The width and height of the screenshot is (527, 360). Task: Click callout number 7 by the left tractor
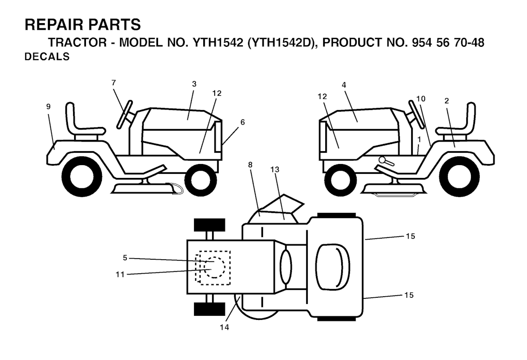pyautogui.click(x=114, y=82)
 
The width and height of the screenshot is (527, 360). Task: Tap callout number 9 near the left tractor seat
pyautogui.click(x=48, y=106)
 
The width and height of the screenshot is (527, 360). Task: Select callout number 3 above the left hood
pyautogui.click(x=194, y=84)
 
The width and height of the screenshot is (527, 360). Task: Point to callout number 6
pyautogui.click(x=242, y=122)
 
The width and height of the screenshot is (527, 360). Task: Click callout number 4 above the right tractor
pyautogui.click(x=344, y=85)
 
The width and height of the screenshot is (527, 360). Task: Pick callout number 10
pyautogui.click(x=421, y=99)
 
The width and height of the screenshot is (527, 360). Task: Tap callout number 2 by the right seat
pyautogui.click(x=447, y=101)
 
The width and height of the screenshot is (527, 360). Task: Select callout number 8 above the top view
pyautogui.click(x=250, y=165)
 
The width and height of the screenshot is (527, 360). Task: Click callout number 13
pyautogui.click(x=275, y=170)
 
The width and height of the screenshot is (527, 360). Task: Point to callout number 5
pyautogui.click(x=125, y=258)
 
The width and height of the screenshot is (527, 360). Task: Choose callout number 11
pyautogui.click(x=120, y=274)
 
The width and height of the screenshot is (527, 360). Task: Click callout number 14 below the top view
pyautogui.click(x=224, y=327)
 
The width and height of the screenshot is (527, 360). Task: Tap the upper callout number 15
pyautogui.click(x=410, y=236)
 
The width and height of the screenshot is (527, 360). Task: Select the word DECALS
pyautogui.click(x=47, y=57)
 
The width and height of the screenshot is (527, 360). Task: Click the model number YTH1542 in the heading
pyautogui.click(x=217, y=43)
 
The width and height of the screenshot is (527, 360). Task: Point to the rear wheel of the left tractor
pyautogui.click(x=82, y=176)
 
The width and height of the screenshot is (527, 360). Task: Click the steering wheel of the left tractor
pyautogui.click(x=125, y=114)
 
